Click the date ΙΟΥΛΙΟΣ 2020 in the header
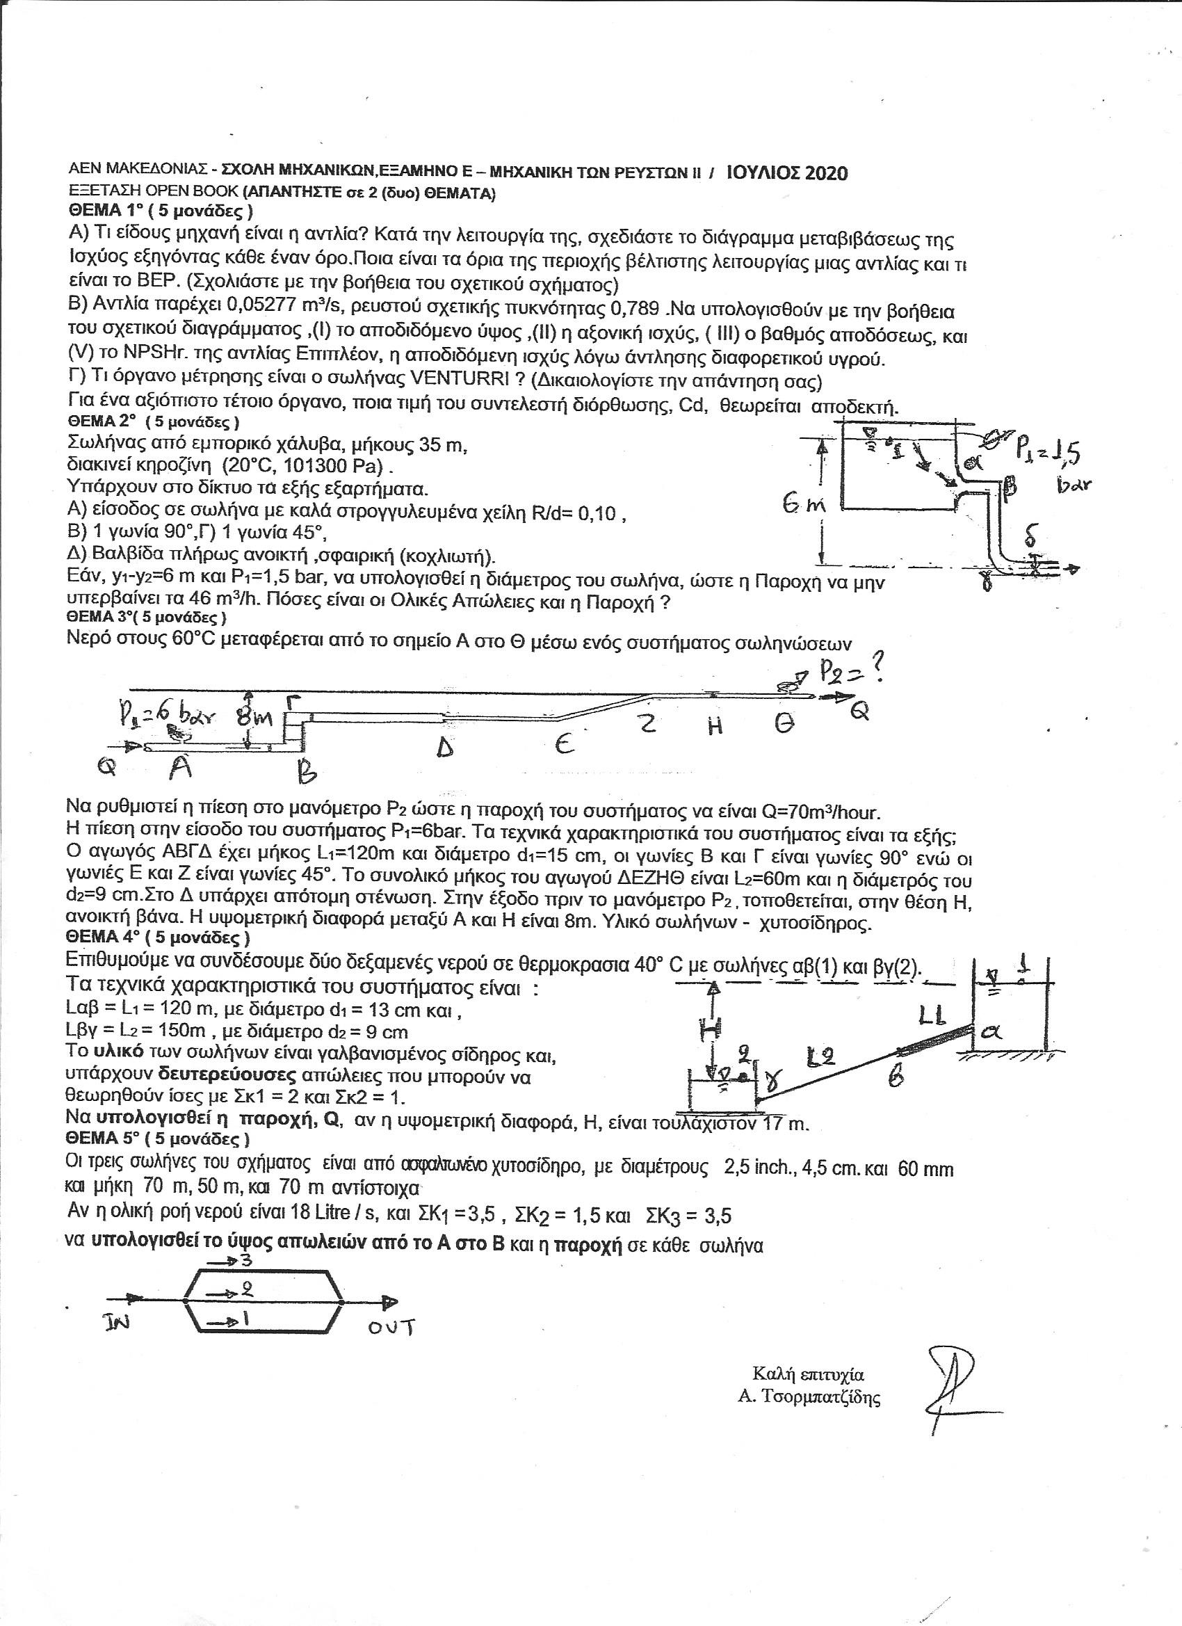[786, 173]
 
